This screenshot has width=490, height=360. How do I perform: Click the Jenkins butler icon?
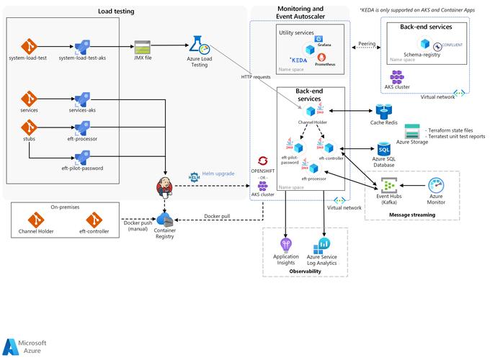coord(166,189)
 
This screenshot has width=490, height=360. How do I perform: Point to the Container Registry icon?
coord(164,221)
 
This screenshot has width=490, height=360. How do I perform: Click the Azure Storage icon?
coord(412,131)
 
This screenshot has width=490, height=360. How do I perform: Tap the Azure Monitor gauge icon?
coord(436,186)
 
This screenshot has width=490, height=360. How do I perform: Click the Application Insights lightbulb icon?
coord(286,244)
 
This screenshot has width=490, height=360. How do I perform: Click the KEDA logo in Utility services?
coord(298,60)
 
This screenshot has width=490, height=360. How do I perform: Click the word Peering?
coord(367,44)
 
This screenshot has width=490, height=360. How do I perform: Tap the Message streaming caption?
coord(414,215)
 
